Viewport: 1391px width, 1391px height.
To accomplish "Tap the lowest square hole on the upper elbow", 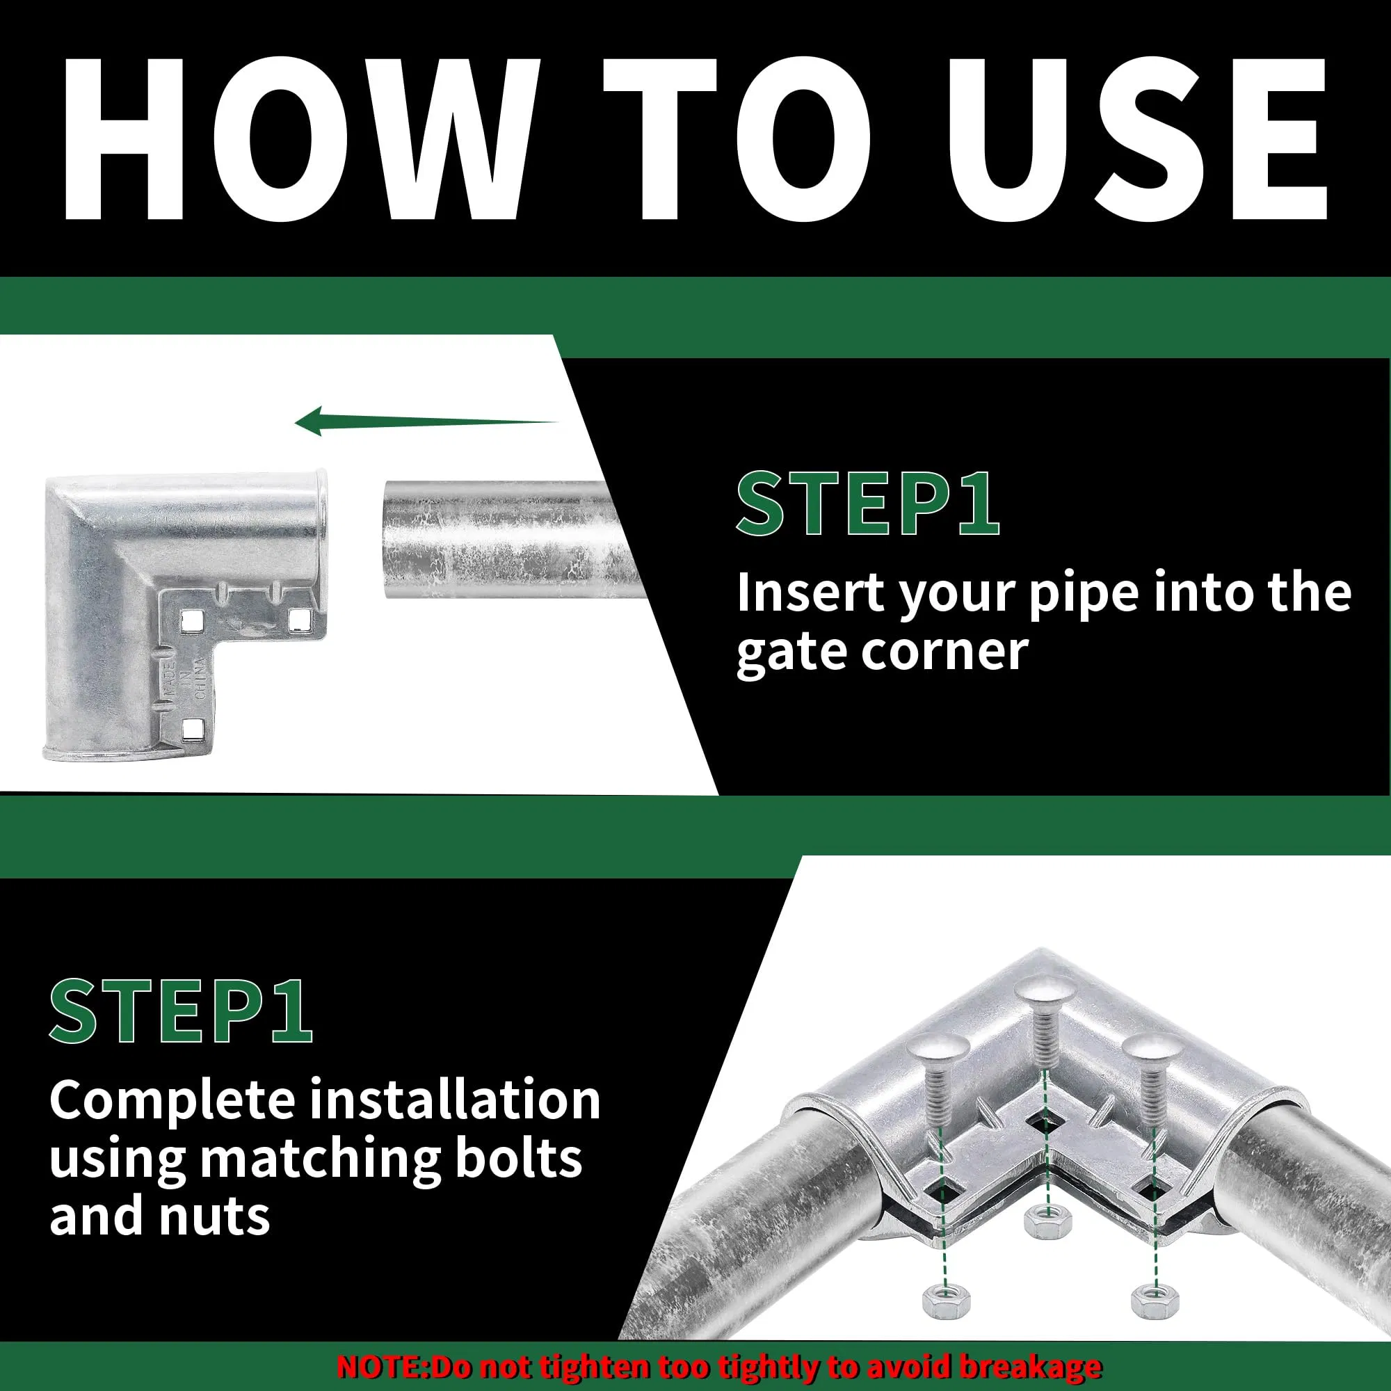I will (x=192, y=730).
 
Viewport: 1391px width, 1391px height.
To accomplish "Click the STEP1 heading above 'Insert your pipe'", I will (x=867, y=504).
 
